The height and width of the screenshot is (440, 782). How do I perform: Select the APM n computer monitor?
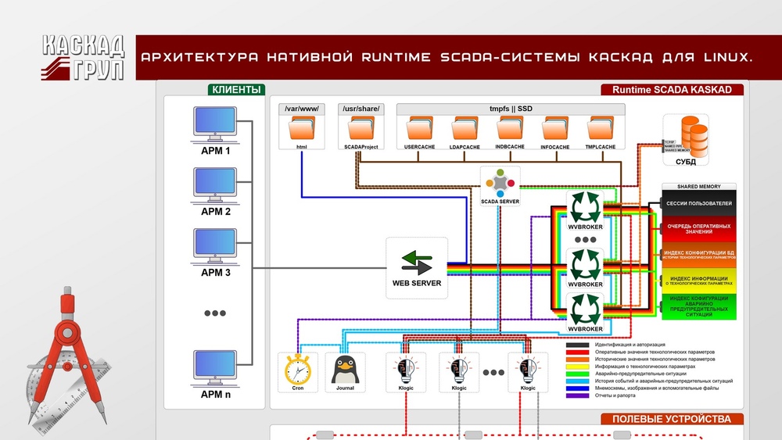tap(216, 366)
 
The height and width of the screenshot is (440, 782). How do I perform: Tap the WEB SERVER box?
tap(416, 268)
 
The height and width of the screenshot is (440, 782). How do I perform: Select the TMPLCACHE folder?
tap(600, 128)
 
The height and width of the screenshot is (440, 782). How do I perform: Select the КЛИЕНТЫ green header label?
tap(235, 90)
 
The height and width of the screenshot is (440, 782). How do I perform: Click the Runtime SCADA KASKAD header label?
tap(672, 90)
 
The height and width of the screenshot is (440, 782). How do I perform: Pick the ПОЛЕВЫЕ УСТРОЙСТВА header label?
tap(672, 419)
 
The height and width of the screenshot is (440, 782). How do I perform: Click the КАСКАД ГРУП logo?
tap(82, 55)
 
